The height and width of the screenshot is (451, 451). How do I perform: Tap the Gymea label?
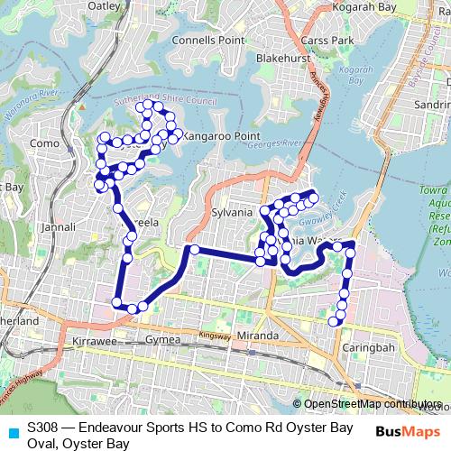tap(162, 340)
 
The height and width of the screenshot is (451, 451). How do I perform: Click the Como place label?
tap(44, 143)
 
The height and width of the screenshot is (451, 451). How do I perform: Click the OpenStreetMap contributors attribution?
tap(371, 404)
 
